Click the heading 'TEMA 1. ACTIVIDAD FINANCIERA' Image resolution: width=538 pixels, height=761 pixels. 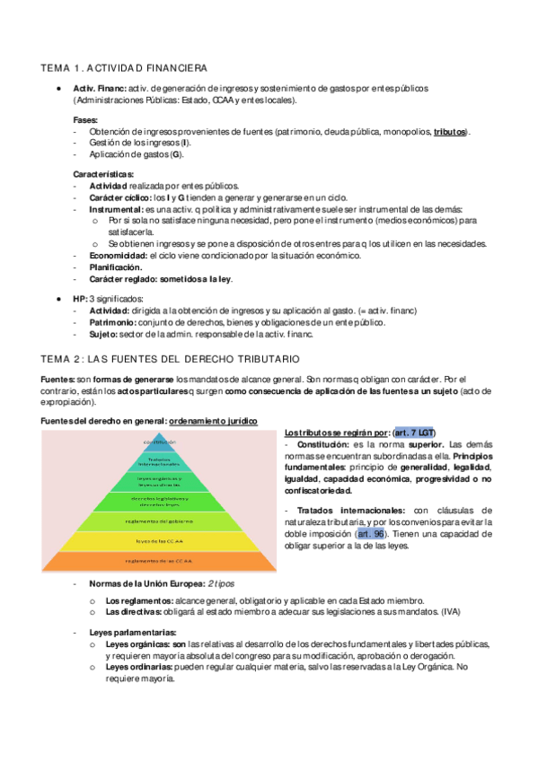coord(125,67)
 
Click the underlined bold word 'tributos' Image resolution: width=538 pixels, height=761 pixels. coord(449,132)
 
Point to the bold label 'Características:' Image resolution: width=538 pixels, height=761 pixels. coord(103,172)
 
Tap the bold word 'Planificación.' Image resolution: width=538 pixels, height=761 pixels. coord(116,267)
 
